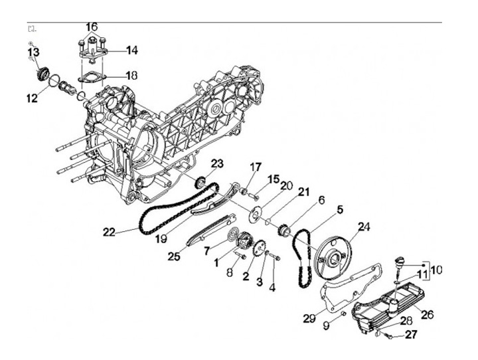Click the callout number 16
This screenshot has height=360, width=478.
point(92,27)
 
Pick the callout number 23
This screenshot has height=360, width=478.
point(217,163)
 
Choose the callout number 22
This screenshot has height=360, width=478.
point(110,232)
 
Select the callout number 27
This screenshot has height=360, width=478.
point(411,335)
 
